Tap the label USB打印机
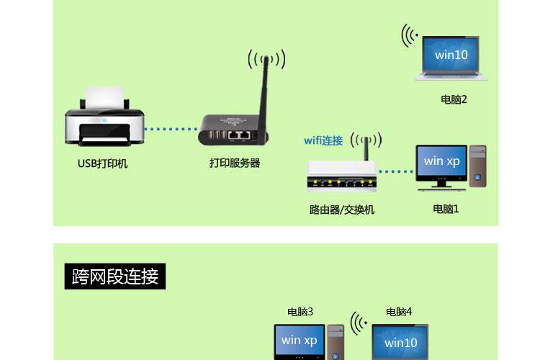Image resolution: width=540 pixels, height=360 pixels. click(102, 163)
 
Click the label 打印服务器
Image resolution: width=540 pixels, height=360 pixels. click(235, 163)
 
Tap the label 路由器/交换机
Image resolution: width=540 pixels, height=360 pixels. click(342, 210)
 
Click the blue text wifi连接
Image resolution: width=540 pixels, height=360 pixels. click(323, 140)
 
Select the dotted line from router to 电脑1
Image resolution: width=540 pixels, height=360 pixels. click(395, 172)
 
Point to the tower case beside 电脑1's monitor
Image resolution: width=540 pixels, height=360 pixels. click(477, 166)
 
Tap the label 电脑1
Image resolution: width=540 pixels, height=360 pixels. click(446, 210)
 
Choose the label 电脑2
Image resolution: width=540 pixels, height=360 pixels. click(454, 100)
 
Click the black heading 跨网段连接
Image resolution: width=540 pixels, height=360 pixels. click(115, 276)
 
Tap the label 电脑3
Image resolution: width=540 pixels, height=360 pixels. click(300, 312)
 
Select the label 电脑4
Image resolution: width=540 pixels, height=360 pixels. click(399, 312)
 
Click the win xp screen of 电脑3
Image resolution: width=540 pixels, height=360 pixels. click(300, 341)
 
